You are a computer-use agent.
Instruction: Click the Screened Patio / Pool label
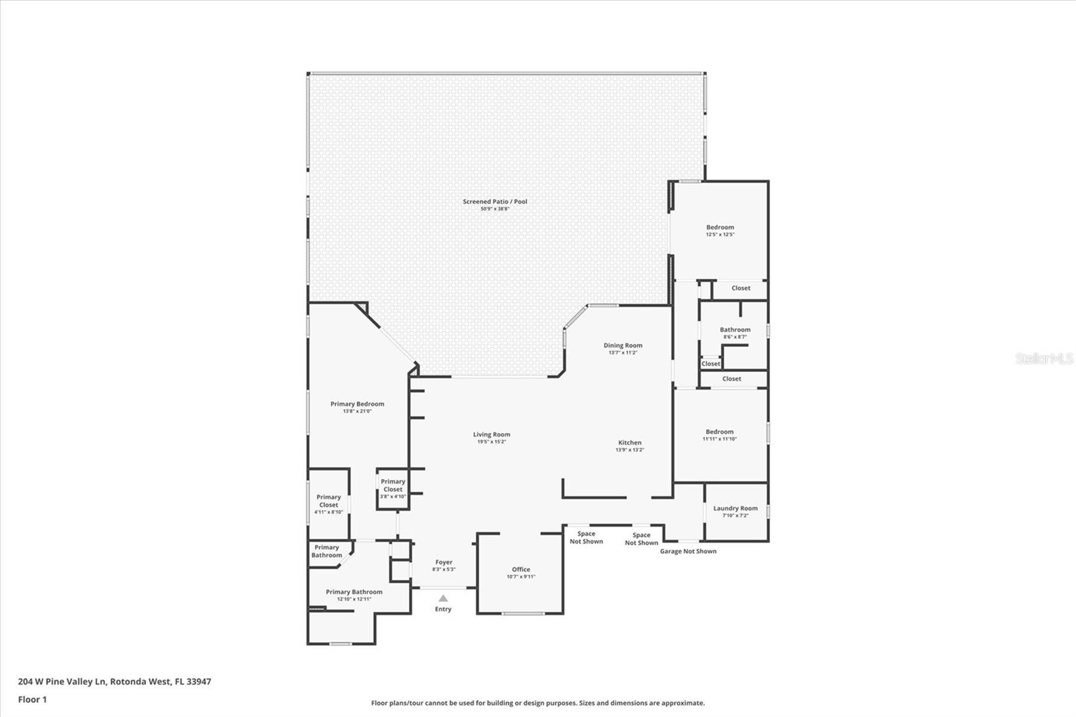pos(495,204)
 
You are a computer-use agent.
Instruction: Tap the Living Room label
pos(492,437)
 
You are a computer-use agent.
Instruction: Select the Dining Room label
pos(623,348)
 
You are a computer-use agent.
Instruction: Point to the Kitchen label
pos(629,446)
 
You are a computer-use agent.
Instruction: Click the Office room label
pos(521,572)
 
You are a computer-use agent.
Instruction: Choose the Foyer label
pos(444,565)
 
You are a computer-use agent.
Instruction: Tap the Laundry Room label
pos(735,511)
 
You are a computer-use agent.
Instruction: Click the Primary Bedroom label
pos(357,407)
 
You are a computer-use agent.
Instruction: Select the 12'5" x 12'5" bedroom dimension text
pos(720,235)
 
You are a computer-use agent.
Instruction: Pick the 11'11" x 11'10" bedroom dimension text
pos(720,439)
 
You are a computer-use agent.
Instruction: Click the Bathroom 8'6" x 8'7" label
pos(735,332)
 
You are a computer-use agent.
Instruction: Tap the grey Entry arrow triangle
pos(443,599)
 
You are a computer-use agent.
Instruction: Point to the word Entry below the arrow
pos(443,609)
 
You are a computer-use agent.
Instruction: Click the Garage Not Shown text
pos(688,552)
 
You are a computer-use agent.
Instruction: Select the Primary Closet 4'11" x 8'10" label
pos(329,504)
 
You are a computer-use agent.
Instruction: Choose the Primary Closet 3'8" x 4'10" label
pos(393,489)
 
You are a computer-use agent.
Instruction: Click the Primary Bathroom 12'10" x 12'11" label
pos(354,595)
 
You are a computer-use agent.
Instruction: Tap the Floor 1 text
pos(32,700)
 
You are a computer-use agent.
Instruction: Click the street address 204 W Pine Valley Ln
pos(61,681)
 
